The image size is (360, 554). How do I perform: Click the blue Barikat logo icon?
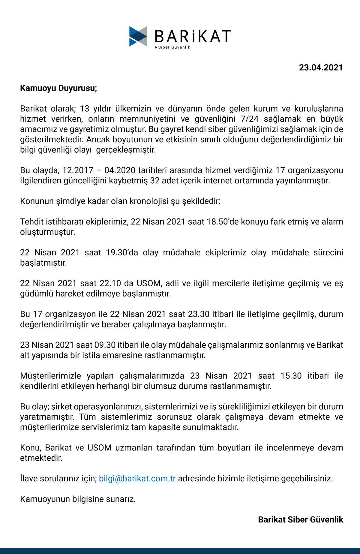(x=138, y=36)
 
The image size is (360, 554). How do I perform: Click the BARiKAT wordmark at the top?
(x=193, y=36)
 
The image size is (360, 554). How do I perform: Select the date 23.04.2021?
(x=321, y=68)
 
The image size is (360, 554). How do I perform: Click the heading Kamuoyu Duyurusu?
(x=58, y=88)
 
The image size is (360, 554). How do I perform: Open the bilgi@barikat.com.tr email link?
(x=137, y=478)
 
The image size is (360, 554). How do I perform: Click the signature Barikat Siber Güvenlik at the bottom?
(x=301, y=519)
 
